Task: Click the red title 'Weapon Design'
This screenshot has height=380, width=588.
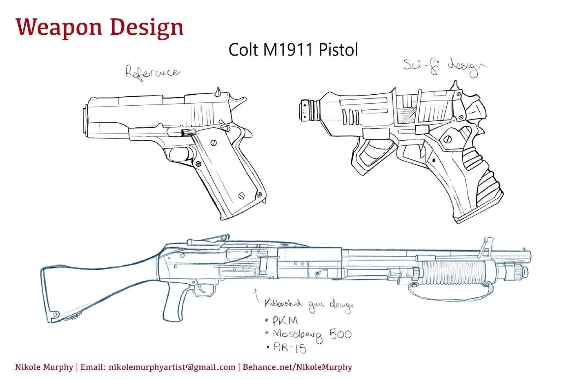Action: tap(100, 28)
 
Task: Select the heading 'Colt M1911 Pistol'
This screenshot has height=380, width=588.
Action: tap(293, 50)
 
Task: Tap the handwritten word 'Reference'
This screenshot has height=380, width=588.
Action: tap(153, 73)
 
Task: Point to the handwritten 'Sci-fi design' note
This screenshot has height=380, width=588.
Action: tap(445, 67)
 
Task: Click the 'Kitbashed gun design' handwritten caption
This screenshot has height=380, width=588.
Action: tap(309, 305)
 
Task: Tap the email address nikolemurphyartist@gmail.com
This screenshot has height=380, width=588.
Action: tap(172, 367)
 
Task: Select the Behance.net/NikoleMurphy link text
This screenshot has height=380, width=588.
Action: tap(297, 367)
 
